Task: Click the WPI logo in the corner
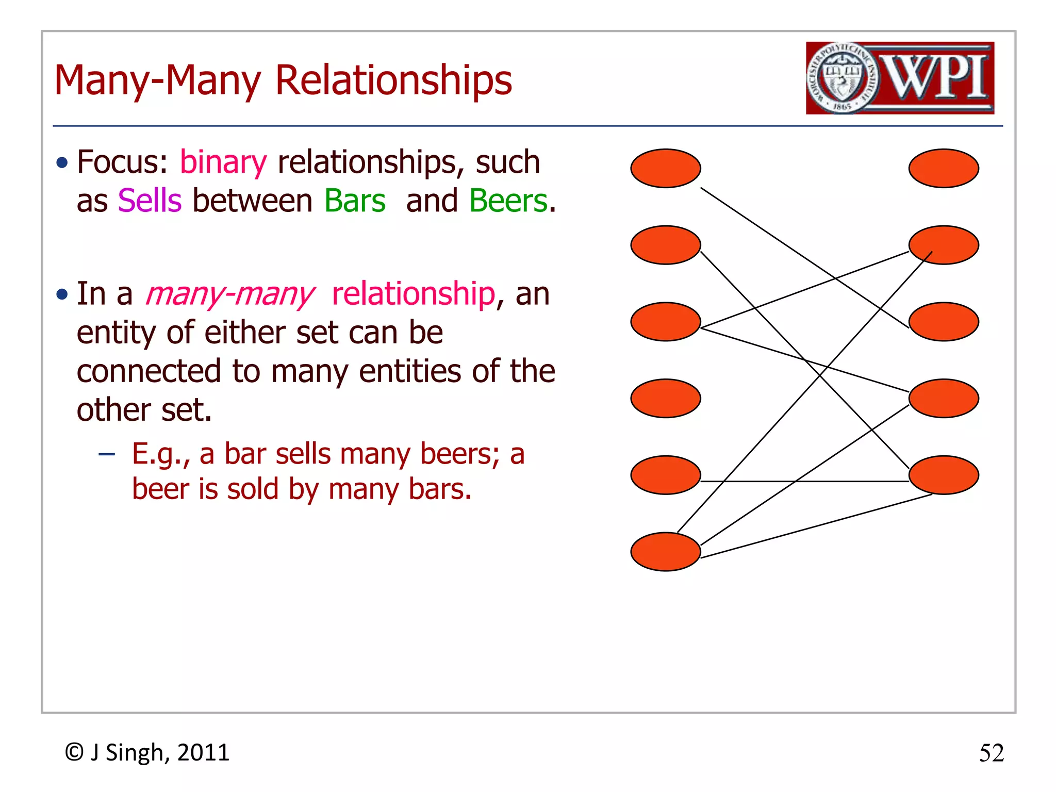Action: tap(900, 78)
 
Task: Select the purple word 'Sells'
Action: tap(150, 201)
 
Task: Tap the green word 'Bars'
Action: tap(355, 201)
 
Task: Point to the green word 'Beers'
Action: tap(508, 201)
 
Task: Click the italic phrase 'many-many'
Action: tap(229, 294)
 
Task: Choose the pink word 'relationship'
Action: tap(413, 294)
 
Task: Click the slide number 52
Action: tap(991, 753)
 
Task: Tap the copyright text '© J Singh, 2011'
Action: tap(147, 753)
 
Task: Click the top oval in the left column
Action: tap(665, 168)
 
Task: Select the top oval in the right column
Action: tap(943, 168)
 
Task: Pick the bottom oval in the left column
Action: tap(665, 551)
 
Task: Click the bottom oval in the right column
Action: tap(943, 475)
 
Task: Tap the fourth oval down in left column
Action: tap(665, 398)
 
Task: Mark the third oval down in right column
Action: tap(943, 322)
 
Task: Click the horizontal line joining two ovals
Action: tap(804, 481)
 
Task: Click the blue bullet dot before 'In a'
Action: tap(62, 294)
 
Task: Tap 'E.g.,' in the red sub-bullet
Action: tap(160, 454)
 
